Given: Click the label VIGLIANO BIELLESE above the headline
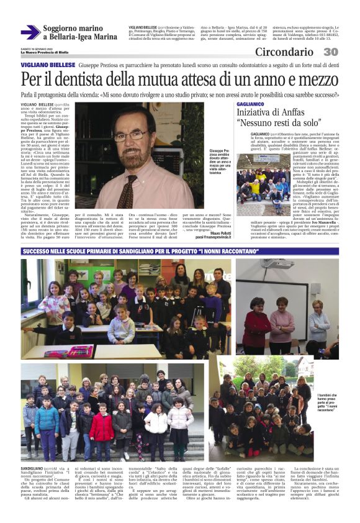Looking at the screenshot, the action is point(48,65).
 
